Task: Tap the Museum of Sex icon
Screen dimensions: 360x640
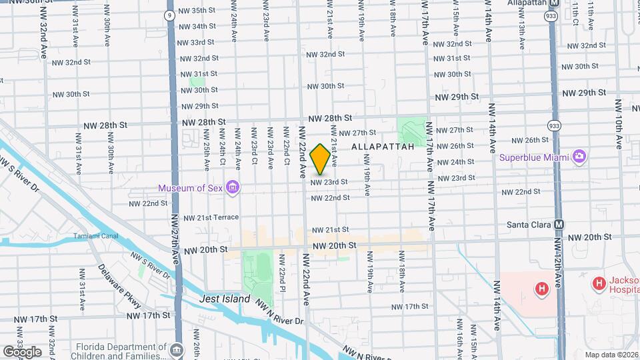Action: click(x=233, y=188)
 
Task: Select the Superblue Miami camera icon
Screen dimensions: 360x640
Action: click(x=579, y=157)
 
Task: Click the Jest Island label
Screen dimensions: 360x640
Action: click(x=225, y=299)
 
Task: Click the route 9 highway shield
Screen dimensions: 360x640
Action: click(x=171, y=15)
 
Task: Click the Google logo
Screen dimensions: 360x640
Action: click(x=22, y=351)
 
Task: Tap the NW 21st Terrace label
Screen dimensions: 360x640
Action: click(x=211, y=218)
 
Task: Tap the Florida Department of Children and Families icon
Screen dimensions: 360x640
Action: click(x=177, y=349)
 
